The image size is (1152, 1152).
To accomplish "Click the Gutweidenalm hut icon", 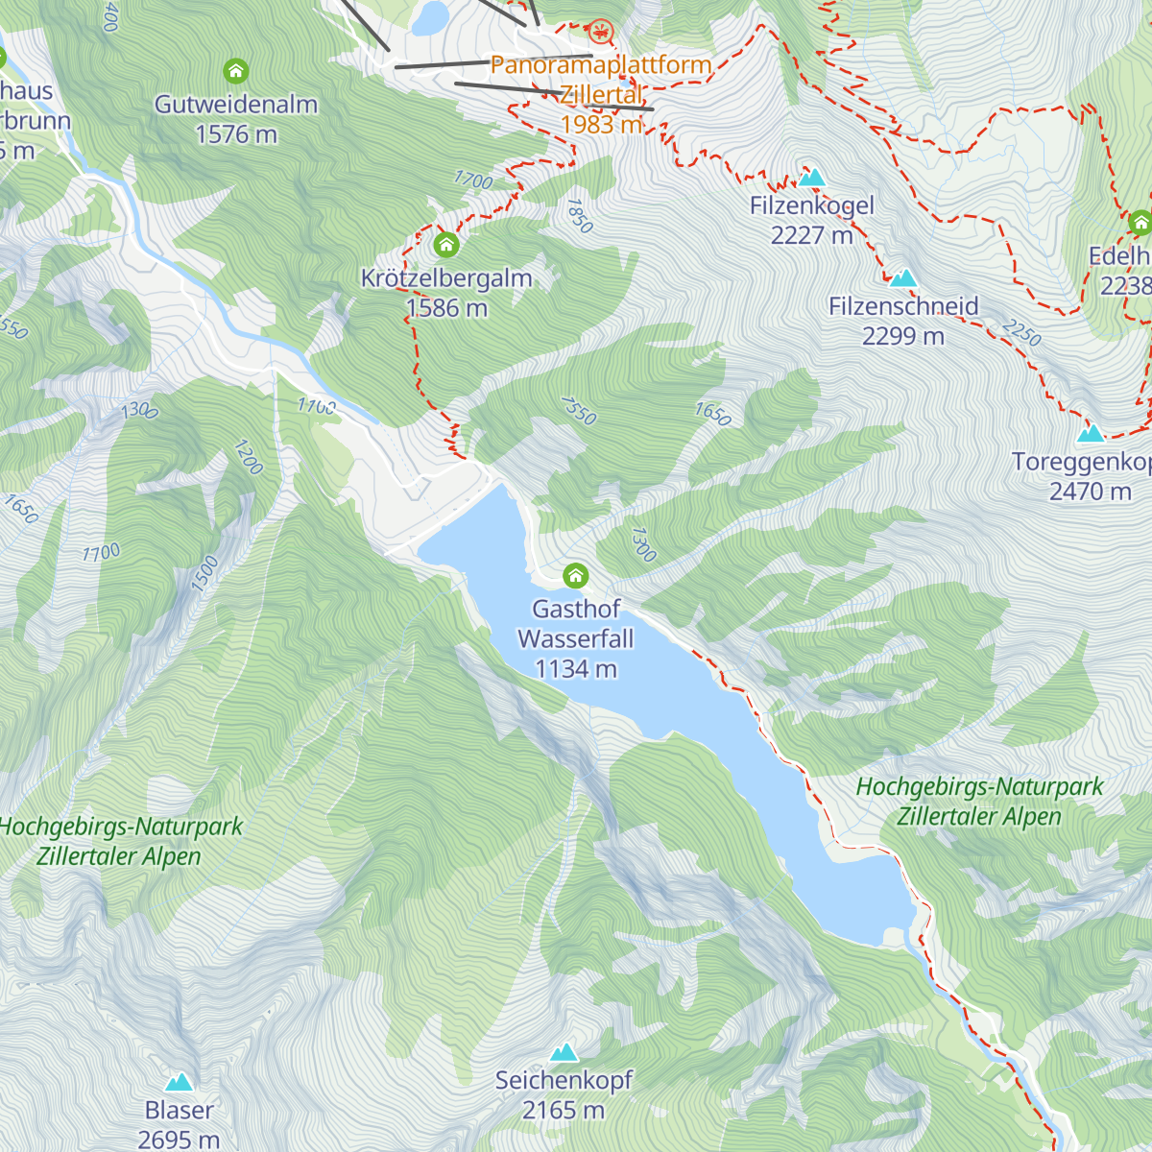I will [x=235, y=71].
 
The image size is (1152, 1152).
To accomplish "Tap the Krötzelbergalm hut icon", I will [x=445, y=245].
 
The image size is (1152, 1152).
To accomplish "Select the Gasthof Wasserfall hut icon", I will [x=575, y=575].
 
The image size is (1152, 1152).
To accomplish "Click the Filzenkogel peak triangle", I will [x=812, y=178].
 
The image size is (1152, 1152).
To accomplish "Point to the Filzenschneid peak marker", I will [x=902, y=278].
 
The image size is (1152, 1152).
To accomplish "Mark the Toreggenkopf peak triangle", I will [x=1090, y=434].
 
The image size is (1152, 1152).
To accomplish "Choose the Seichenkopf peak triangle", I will [x=564, y=1052].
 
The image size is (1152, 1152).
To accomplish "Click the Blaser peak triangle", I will [x=179, y=1083].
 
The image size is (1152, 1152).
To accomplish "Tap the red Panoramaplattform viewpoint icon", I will [x=601, y=33].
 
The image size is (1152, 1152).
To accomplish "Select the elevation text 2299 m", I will [x=902, y=336].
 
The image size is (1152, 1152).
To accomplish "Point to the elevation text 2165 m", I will [x=564, y=1111].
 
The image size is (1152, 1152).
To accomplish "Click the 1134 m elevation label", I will [x=575, y=669].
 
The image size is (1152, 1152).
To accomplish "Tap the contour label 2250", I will [x=1020, y=333].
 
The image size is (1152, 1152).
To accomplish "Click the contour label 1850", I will [x=579, y=216].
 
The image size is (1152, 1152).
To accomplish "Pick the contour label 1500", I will [x=204, y=573].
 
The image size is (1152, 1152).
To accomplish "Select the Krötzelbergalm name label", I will [x=446, y=278].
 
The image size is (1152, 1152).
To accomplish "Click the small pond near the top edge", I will [x=430, y=17].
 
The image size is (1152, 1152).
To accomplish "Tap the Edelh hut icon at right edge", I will [x=1140, y=224].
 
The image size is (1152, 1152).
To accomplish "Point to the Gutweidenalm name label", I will [x=236, y=105].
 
